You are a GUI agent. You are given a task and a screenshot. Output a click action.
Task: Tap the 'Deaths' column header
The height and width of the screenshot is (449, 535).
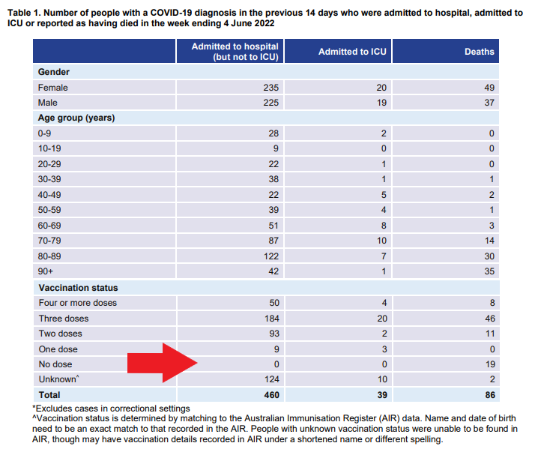480,52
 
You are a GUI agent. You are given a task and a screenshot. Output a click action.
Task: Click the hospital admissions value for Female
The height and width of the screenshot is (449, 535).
270,88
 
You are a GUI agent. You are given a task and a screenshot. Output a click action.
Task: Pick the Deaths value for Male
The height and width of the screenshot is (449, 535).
489,103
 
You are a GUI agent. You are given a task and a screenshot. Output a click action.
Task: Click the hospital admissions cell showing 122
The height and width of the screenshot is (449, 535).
270,256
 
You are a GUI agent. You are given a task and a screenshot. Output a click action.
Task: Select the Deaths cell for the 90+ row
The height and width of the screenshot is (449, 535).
489,271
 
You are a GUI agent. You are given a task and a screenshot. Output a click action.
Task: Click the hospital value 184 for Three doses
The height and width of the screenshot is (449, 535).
270,318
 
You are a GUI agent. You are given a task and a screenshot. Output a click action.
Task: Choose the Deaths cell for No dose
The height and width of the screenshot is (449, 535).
489,364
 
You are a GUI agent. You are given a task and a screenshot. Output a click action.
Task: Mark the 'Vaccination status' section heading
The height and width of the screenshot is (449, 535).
78,287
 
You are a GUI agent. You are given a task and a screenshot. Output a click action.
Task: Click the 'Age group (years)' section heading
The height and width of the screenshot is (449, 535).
76,118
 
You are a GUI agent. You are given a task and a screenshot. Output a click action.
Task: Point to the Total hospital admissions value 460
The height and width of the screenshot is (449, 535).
270,395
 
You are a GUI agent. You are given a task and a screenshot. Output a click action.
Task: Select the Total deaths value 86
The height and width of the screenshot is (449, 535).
489,395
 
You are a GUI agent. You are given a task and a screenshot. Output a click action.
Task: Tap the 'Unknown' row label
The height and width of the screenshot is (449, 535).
57,379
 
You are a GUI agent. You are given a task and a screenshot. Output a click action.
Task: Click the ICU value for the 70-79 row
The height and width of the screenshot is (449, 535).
381,240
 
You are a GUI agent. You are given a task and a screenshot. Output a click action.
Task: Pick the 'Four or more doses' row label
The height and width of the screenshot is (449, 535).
78,303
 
